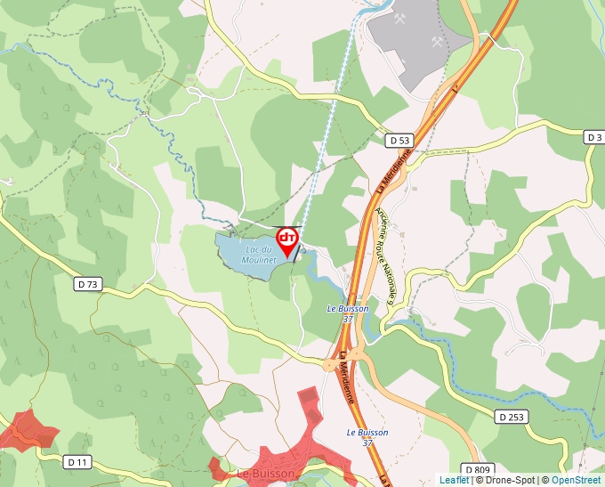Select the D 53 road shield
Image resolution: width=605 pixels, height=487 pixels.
click(x=400, y=141)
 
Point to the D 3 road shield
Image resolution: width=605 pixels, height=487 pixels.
click(x=594, y=136)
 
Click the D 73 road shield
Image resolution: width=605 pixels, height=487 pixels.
click(x=89, y=284)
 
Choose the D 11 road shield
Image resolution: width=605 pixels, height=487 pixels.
click(x=78, y=461)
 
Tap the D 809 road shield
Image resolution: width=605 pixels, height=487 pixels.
click(x=477, y=469)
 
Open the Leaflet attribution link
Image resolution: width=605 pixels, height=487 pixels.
click(x=454, y=480)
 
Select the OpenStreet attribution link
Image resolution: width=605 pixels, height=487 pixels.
click(x=577, y=480)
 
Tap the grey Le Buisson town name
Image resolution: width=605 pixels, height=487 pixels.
click(x=265, y=475)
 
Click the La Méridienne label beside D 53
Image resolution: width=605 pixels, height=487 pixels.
click(x=392, y=170)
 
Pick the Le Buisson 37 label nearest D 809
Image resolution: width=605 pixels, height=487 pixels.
click(x=367, y=437)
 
